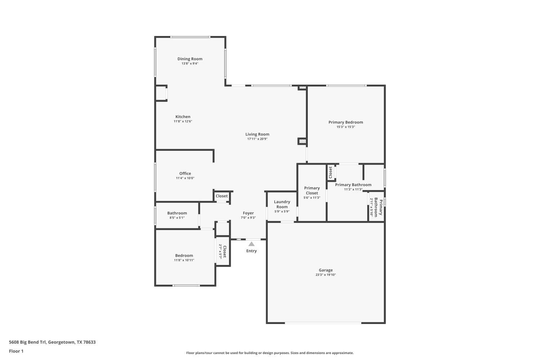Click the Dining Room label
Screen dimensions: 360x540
click(190, 59)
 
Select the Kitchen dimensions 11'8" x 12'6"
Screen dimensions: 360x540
click(183, 121)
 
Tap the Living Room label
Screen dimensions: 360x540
click(257, 134)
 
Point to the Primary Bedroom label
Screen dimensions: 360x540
click(346, 122)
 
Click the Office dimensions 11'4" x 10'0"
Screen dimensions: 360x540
click(185, 178)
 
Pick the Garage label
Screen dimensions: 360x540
click(325, 270)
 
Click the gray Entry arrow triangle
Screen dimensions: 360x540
click(251, 244)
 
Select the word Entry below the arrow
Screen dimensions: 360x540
click(251, 251)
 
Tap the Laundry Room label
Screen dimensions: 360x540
click(282, 204)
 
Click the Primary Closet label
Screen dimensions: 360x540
click(312, 190)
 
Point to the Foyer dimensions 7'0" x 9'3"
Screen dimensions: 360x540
click(248, 218)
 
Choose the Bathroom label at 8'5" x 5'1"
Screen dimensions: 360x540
click(177, 213)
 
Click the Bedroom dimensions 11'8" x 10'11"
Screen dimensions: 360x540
click(184, 260)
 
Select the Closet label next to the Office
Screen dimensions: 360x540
click(222, 196)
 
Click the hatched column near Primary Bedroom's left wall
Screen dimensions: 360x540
click(302, 141)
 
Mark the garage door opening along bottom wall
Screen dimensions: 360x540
click(323, 323)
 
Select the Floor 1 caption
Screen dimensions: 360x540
click(16, 351)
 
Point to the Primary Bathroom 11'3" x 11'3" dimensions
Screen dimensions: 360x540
click(353, 189)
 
